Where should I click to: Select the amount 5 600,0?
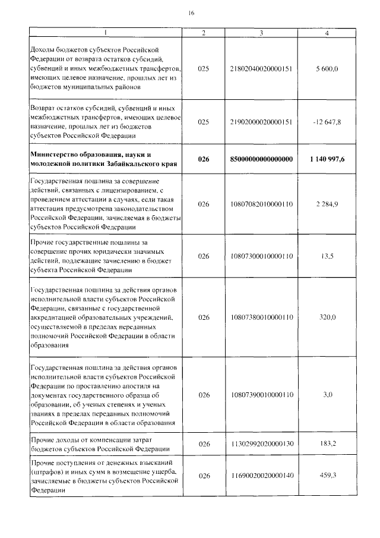pos(328,70)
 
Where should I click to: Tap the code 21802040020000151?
pos(261,70)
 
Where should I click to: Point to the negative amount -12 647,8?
pos(328,122)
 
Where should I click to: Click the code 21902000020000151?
pos(261,122)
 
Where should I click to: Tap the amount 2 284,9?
pos(328,204)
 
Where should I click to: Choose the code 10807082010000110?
pos(261,204)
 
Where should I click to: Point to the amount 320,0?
pos(328,317)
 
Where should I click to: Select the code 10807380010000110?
pos(261,317)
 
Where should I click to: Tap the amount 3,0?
pos(328,394)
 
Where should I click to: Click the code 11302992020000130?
pos(261,443)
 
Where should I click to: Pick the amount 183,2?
pos(328,443)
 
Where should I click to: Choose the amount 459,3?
pos(328,476)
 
